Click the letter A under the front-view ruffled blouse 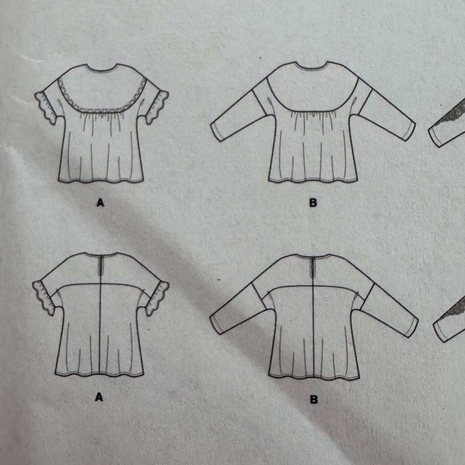click(101, 203)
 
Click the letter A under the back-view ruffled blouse click(99, 398)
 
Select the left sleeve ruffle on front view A click(44, 106)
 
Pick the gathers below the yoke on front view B click(313, 116)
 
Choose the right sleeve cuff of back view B click(411, 325)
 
